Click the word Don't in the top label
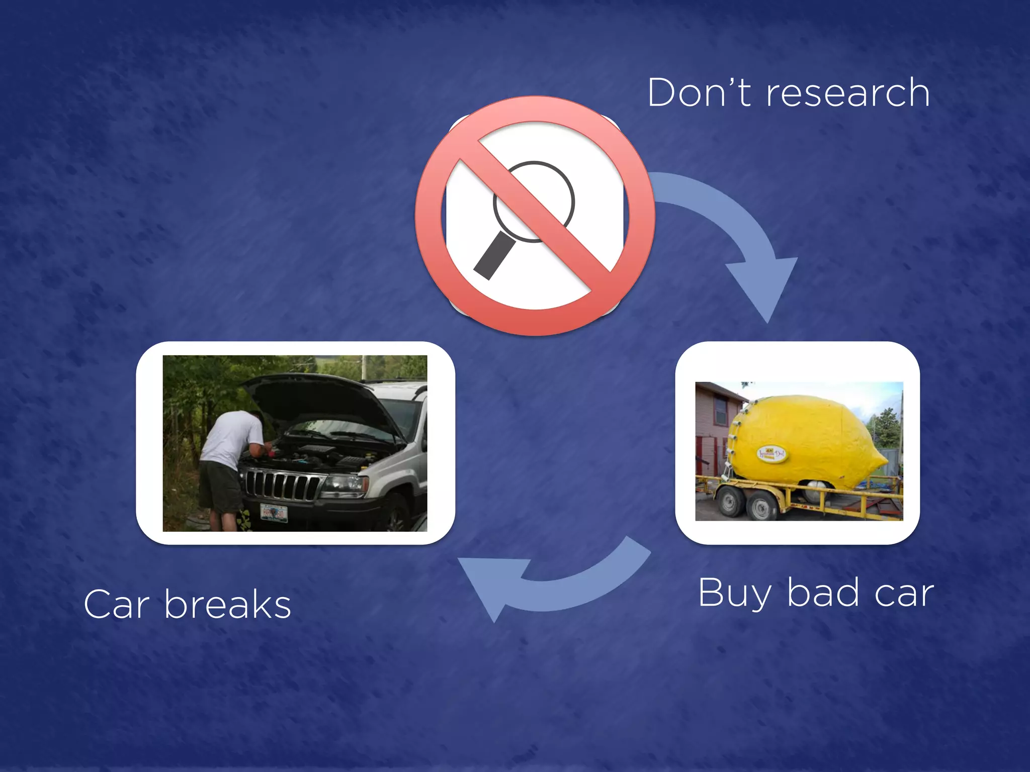point(699,93)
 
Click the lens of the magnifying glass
point(534,201)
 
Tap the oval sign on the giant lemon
point(772,455)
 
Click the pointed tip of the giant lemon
point(884,460)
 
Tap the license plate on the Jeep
point(274,513)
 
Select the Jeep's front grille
point(282,485)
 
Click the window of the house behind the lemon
point(720,410)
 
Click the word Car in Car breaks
point(117,605)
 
